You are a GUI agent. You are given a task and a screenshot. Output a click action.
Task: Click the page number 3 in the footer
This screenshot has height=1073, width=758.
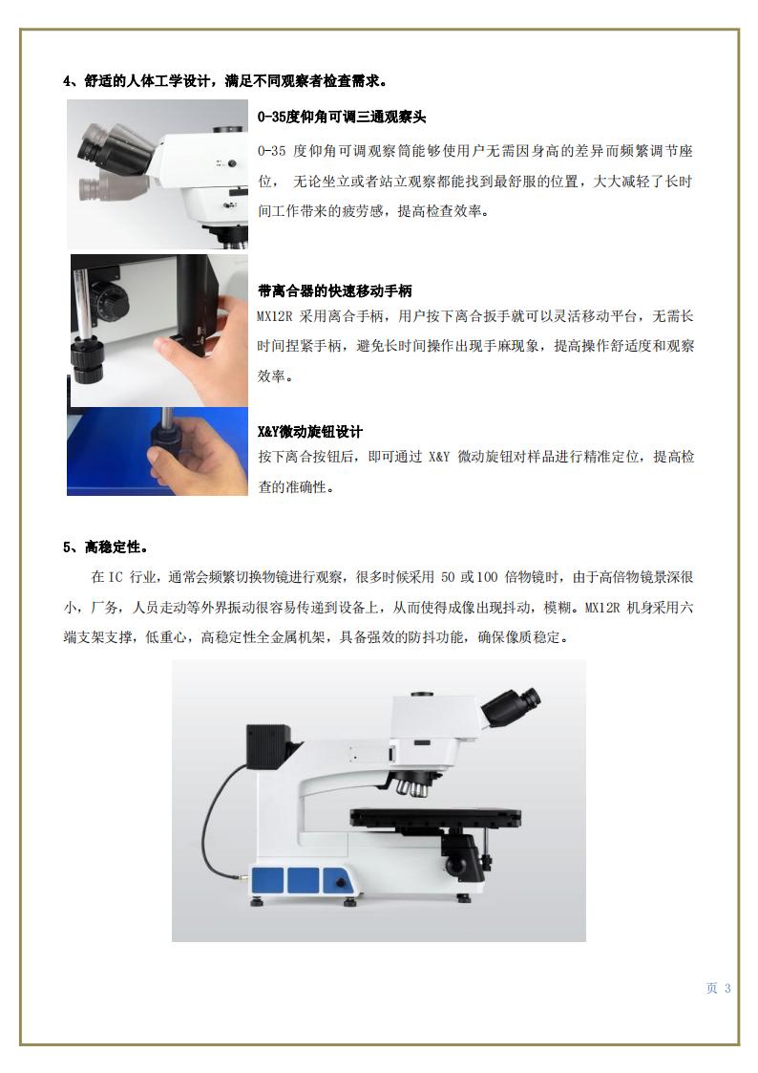tap(727, 988)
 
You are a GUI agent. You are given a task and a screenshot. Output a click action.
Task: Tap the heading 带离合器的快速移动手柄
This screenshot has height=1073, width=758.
tap(335, 290)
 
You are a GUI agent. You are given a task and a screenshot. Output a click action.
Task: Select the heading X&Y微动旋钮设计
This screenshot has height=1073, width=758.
tap(310, 432)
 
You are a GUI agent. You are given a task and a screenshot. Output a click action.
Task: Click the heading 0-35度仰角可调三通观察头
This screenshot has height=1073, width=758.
tap(342, 117)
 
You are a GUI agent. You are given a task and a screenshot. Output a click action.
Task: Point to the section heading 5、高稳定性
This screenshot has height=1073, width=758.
tap(106, 547)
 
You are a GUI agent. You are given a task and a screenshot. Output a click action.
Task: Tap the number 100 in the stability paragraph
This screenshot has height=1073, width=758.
tap(487, 577)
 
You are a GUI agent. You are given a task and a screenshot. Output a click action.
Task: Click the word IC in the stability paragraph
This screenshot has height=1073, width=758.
tap(116, 577)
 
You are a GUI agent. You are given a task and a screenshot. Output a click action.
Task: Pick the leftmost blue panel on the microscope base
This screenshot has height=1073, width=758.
tap(267, 879)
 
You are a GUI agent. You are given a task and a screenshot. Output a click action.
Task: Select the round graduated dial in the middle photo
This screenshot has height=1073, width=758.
tap(109, 302)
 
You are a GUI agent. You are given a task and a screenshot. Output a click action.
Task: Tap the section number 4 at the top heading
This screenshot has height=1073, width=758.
tap(67, 81)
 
